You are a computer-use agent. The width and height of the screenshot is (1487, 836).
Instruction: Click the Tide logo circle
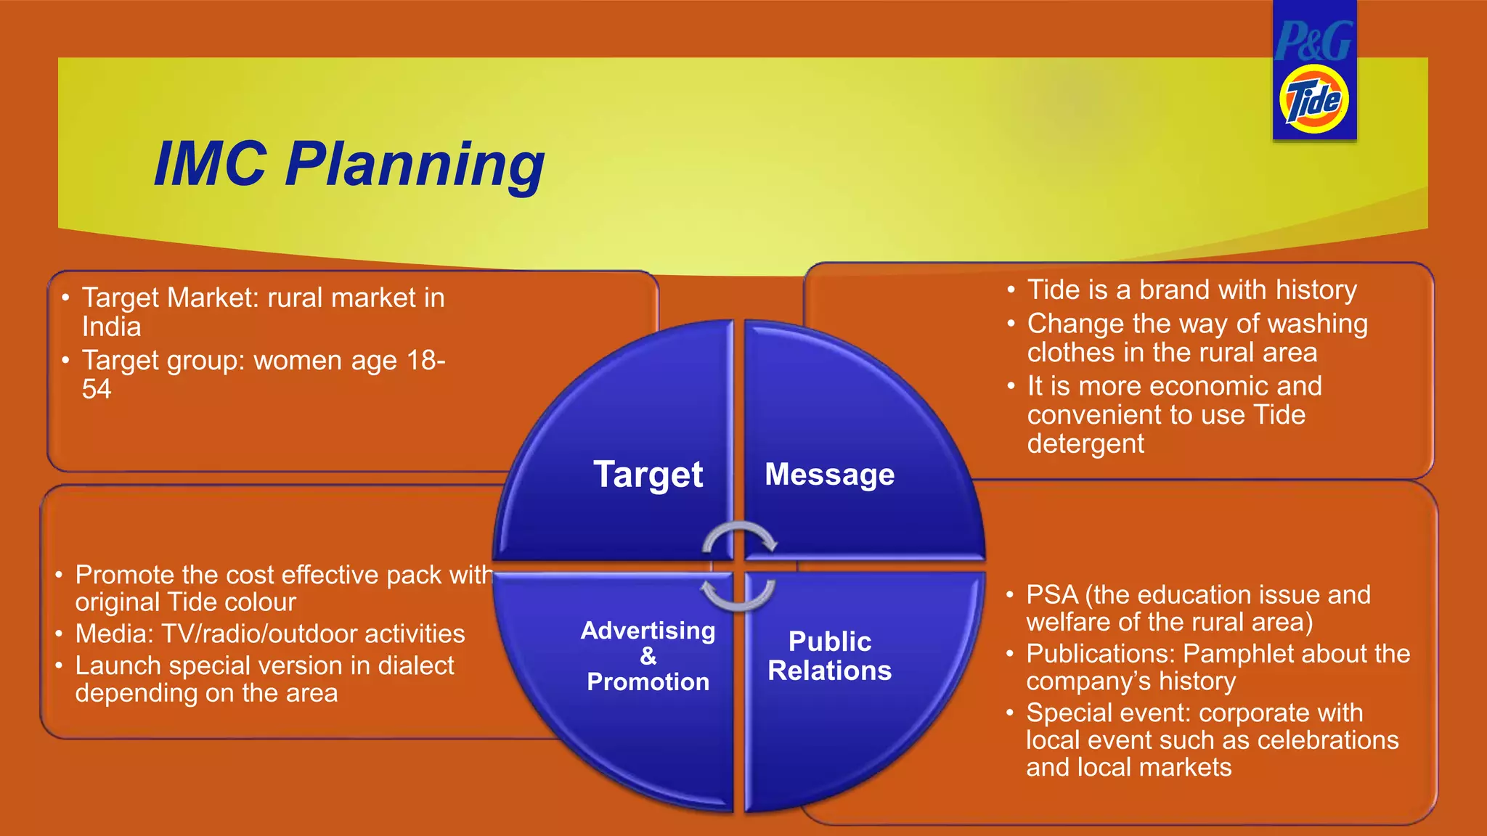[1314, 99]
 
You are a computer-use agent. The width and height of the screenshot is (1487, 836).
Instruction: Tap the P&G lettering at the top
[1313, 41]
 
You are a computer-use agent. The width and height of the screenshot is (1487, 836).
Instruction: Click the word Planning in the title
[415, 165]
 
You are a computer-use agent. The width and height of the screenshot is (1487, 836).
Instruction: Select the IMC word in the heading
[211, 165]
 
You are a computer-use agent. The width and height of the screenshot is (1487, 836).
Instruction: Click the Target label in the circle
[648, 475]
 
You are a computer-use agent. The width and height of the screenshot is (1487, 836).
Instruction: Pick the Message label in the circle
[829, 475]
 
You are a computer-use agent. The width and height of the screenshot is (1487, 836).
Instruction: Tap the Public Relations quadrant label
[829, 656]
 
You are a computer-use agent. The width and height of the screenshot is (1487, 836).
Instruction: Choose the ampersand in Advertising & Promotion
[648, 656]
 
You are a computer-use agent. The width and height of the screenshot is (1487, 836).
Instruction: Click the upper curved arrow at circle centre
[740, 538]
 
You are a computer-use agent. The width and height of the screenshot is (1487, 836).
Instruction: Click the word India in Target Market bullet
[111, 327]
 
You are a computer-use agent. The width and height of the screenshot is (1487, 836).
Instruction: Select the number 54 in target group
[97, 390]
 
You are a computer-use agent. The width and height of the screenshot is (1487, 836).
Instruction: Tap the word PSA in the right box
[1052, 595]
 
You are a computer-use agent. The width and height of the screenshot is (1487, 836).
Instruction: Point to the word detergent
[1085, 444]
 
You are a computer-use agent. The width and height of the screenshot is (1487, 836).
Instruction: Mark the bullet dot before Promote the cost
[59, 575]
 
